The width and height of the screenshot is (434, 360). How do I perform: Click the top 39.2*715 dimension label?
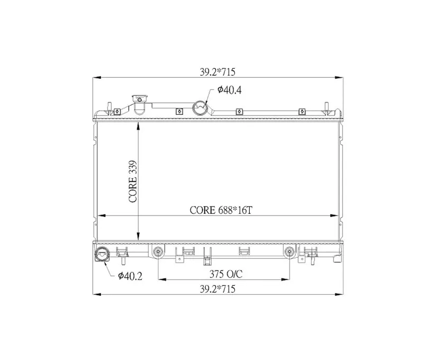(218, 73)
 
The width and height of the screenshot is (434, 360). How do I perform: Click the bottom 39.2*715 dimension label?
(218, 289)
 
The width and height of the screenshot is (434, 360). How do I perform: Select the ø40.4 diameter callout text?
(230, 89)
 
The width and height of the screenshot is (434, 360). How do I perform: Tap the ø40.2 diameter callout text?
(130, 276)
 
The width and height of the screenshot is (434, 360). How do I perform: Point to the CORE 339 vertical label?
(133, 182)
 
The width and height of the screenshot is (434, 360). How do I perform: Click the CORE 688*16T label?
(221, 210)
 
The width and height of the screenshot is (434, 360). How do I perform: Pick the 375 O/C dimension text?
(226, 274)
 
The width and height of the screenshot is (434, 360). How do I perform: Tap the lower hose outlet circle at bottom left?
(102, 254)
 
